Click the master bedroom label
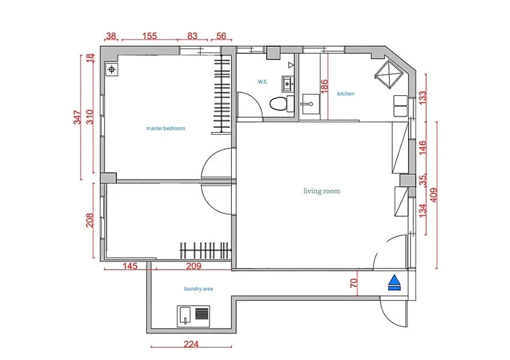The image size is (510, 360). click(165, 128)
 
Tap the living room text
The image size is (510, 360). click(322, 191)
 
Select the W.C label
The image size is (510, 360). click(262, 82)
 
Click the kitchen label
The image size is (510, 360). click(346, 94)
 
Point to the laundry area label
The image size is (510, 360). click(199, 289)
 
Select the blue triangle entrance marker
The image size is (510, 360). click(394, 282)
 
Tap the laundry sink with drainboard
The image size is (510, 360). click(194, 315)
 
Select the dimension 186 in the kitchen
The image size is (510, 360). click(324, 87)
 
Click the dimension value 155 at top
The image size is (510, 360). click(150, 37)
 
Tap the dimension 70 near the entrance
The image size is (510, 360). click(354, 284)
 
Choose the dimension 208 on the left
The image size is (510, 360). click(90, 220)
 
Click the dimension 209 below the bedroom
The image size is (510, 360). click(193, 267)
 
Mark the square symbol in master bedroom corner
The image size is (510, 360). click(112, 69)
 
